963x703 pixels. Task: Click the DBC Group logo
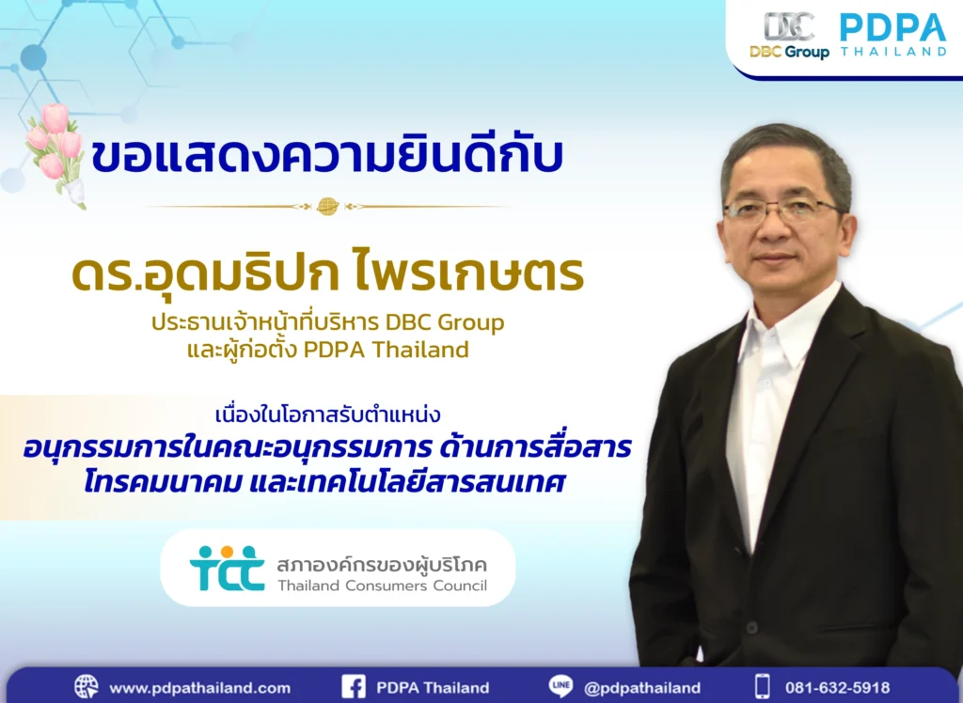(789, 37)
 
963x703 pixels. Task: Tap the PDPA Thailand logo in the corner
(892, 36)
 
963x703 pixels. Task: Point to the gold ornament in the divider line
(327, 206)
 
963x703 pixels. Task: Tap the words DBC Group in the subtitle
(445, 322)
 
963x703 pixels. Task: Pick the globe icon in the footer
(86, 687)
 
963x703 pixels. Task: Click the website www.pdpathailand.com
(199, 688)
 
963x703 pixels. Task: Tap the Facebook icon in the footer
(354, 687)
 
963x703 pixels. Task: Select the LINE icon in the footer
(560, 687)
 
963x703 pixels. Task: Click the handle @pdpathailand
(642, 688)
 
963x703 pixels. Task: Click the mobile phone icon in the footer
(763, 687)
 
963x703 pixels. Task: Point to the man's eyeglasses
(781, 210)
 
